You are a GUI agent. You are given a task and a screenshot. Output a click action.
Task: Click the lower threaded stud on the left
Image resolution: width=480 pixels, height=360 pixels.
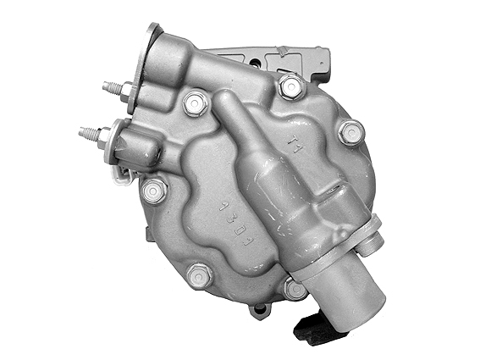pyautogui.click(x=86, y=133)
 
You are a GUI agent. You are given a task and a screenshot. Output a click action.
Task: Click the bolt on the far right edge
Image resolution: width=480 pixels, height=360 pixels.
pyautogui.click(x=350, y=132)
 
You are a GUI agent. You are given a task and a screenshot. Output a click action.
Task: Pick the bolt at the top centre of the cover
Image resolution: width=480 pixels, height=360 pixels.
pyautogui.click(x=196, y=102)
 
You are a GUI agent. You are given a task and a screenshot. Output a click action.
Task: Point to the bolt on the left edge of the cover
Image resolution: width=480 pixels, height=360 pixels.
pyautogui.click(x=154, y=191)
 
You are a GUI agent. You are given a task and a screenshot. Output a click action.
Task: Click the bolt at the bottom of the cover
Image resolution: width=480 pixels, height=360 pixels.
pyautogui.click(x=200, y=275)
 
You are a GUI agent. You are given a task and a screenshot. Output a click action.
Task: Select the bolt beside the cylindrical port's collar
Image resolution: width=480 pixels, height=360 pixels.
pyautogui.click(x=294, y=288)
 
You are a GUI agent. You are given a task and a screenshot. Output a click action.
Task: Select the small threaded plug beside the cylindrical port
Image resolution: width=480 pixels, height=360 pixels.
pyautogui.click(x=371, y=244)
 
